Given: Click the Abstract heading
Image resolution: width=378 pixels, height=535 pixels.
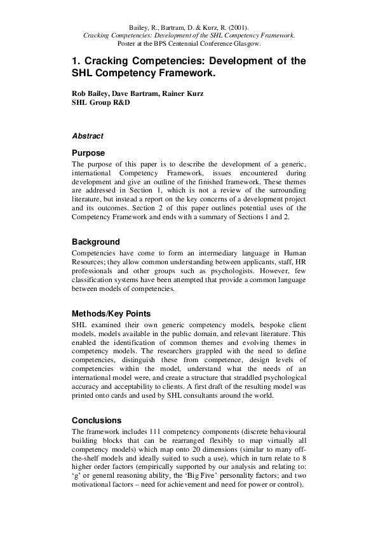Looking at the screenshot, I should click(88, 136).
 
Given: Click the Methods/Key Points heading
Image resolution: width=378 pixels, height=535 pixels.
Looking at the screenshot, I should click(111, 313).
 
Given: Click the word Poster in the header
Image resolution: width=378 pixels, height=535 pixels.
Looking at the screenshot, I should click(128, 44).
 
